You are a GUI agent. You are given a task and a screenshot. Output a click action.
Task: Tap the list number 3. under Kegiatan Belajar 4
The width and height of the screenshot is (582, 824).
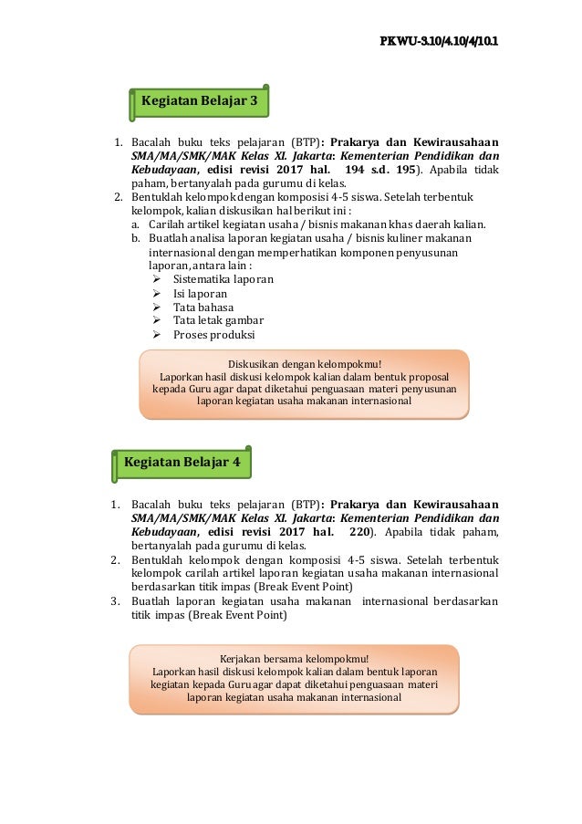click(x=115, y=601)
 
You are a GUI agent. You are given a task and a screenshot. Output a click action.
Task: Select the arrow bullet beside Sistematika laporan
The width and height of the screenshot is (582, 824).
click(x=155, y=279)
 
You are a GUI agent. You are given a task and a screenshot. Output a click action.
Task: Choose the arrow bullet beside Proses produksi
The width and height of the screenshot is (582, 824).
click(x=155, y=334)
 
